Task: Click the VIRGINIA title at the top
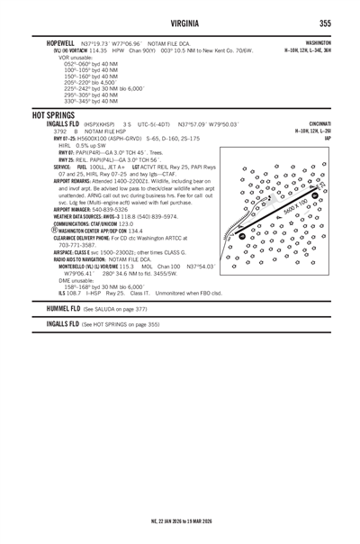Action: (180, 23)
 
